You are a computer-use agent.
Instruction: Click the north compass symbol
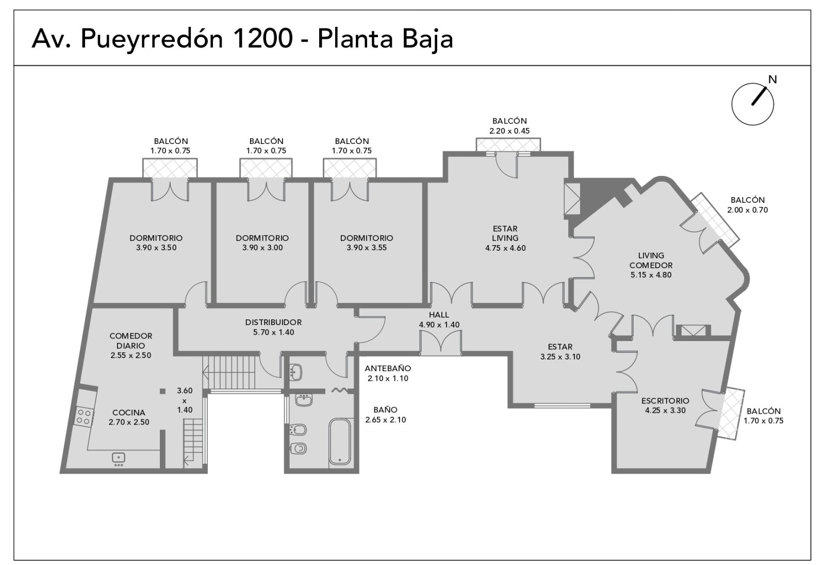coord(752,104)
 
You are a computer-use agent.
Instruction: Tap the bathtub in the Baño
coord(340,441)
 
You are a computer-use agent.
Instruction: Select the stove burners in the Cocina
coord(84,416)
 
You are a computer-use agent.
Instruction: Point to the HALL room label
coord(439,315)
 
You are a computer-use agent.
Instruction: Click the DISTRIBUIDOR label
coord(273,322)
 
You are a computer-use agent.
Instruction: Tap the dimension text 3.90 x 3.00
coord(262,248)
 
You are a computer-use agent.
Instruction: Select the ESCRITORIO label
coord(665,400)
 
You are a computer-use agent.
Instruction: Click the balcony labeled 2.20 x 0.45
coord(508,144)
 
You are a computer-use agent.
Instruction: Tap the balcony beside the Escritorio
coord(732,413)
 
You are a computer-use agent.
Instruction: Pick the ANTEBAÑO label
coord(388,368)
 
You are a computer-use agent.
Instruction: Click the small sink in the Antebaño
coord(296,372)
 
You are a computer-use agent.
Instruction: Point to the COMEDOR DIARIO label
coord(131,341)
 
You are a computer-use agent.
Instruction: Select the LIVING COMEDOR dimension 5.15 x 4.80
coord(651,275)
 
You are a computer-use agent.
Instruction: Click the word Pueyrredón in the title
coord(152,39)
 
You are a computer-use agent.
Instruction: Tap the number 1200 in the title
coord(263,38)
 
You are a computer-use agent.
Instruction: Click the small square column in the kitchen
coord(162,391)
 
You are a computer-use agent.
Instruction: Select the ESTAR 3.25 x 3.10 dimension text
coord(560,357)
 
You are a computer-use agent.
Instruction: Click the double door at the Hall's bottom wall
coord(440,343)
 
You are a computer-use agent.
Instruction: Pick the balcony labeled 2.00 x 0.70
coord(715,220)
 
